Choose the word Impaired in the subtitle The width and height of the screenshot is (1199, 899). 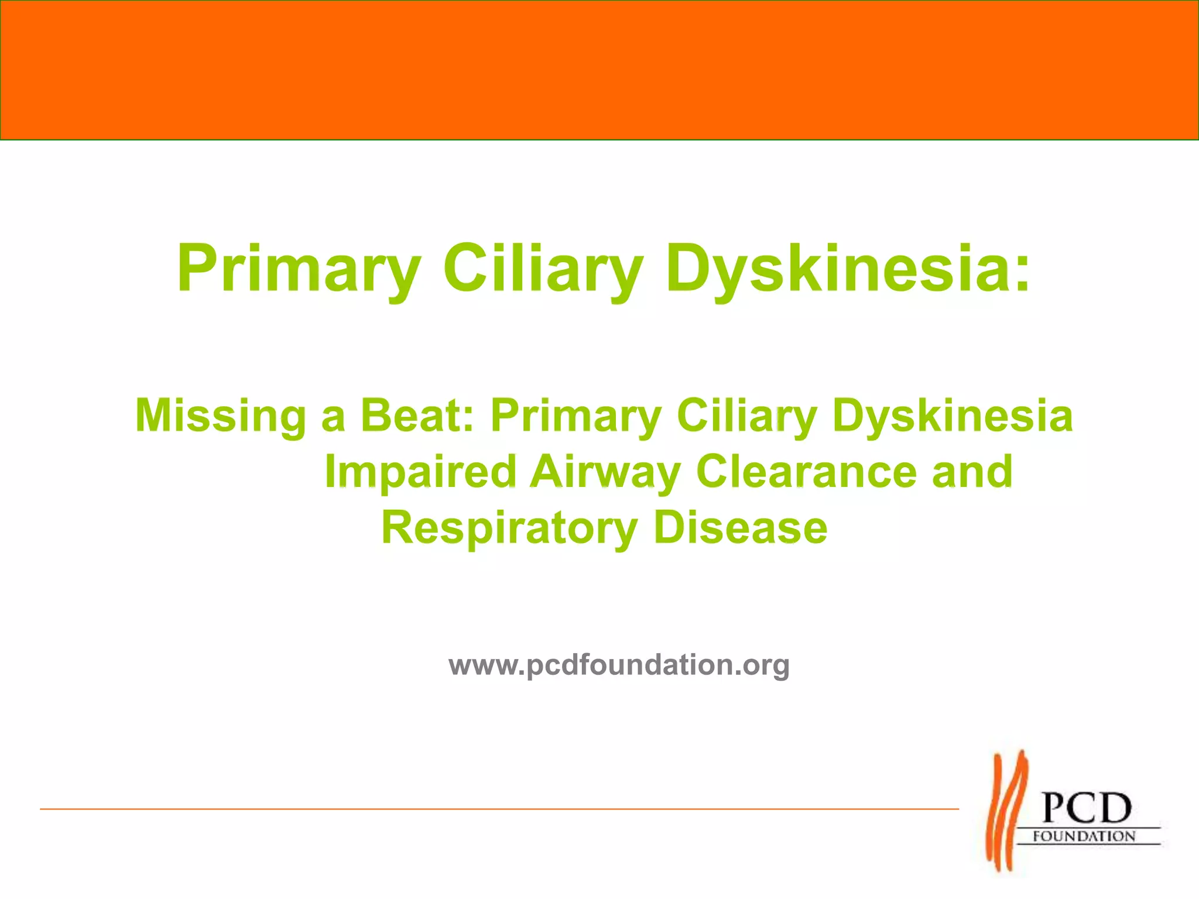420,472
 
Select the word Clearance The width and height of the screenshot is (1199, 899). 806,472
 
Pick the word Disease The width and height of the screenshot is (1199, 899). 740,528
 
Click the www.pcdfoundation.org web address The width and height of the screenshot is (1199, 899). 619,665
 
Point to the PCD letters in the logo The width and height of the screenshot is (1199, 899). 1087,808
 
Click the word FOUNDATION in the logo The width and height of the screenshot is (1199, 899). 1084,836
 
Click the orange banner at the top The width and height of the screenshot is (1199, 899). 599,70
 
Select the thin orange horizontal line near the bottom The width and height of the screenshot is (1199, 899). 498,809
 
